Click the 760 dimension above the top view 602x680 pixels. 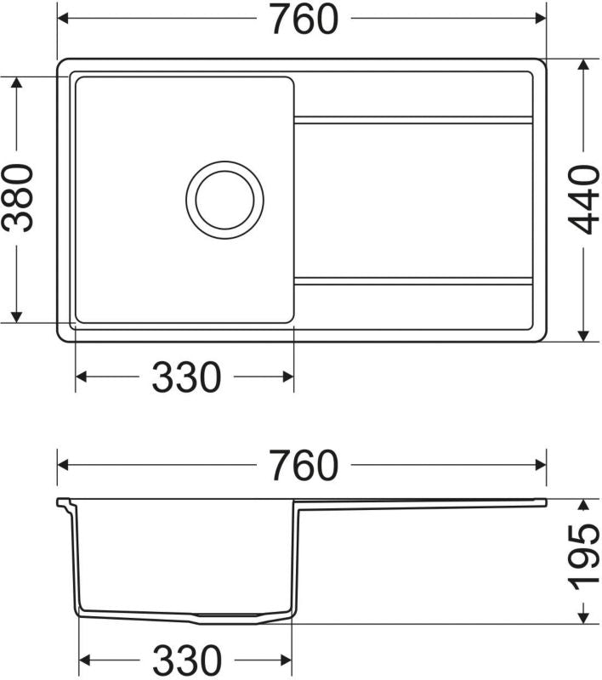[x=304, y=19]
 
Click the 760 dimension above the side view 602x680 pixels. [x=304, y=465]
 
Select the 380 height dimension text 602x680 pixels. [x=17, y=198]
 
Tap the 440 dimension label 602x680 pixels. [x=584, y=200]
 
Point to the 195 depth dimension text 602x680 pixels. [x=584, y=558]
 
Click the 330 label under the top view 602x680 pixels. [x=186, y=377]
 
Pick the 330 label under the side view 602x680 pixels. [x=187, y=660]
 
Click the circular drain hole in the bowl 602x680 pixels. [x=224, y=200]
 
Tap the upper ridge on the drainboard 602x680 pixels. [x=413, y=120]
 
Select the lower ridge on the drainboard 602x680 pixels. [x=413, y=281]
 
